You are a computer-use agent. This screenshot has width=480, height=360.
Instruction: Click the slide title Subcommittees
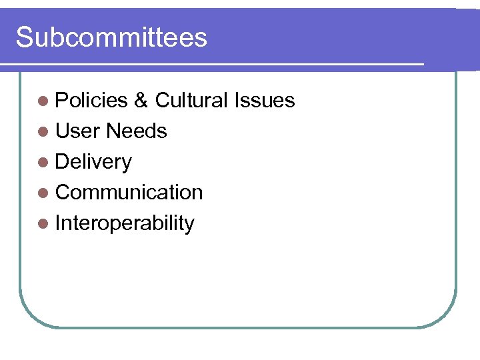(x=111, y=37)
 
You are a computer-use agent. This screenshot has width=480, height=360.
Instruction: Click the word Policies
(x=91, y=100)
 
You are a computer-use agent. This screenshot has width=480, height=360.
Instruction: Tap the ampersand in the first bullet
(x=141, y=100)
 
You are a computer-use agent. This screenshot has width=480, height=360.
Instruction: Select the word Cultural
(x=191, y=100)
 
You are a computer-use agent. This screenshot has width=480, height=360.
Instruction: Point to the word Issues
(x=264, y=100)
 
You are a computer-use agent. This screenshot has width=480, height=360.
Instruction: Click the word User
(x=78, y=131)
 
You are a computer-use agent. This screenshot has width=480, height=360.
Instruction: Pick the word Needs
(x=136, y=131)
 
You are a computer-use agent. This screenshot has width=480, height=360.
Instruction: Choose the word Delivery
(x=93, y=162)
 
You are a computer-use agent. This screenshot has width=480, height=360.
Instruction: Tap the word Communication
(x=129, y=192)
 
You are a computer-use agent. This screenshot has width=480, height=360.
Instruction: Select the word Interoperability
(x=125, y=223)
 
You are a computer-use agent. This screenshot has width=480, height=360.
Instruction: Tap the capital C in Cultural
(x=162, y=100)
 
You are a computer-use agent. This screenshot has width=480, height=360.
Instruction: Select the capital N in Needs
(x=113, y=131)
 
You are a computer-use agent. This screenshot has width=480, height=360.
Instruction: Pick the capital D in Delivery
(x=63, y=161)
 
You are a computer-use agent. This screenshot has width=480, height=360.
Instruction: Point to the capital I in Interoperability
(x=58, y=223)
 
